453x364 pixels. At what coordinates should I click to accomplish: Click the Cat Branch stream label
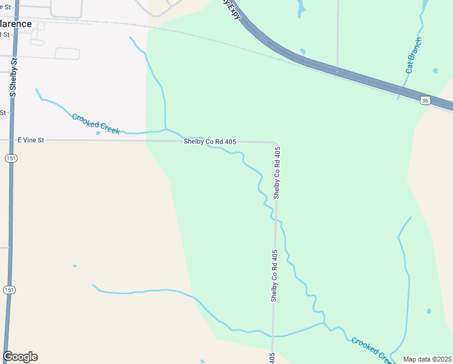pos(414,56)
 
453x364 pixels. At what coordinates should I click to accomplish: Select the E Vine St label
pos(31,140)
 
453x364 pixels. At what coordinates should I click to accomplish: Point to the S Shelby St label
pos(13,78)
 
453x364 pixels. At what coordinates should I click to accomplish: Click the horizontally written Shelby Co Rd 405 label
pos(210,141)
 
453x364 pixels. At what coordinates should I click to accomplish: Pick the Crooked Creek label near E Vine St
pos(95,121)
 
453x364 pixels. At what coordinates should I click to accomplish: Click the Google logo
pos(20,357)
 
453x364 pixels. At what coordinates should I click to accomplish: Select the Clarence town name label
pos(16,24)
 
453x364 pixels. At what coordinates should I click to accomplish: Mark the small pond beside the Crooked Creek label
pos(98,133)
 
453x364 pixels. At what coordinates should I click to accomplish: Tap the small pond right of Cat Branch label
pos(435,71)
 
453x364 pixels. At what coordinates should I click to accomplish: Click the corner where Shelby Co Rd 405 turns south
pos(276,143)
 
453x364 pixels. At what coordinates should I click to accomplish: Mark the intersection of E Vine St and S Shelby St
pos(12,140)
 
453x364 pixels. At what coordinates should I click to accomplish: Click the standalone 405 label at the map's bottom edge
pos(273,358)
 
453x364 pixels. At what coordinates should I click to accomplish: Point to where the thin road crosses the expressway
pos(337,71)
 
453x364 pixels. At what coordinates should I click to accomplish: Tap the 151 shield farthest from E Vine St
pos(9,289)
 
